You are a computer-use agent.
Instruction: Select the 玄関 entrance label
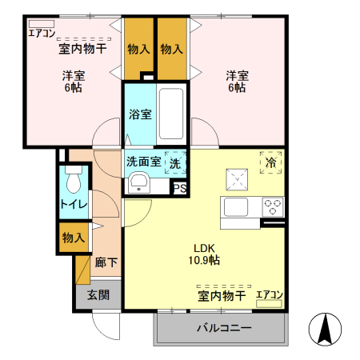(x=99, y=295)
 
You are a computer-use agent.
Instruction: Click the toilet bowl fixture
(x=74, y=182)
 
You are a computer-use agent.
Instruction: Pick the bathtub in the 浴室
(x=172, y=113)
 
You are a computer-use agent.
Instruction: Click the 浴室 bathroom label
(x=140, y=114)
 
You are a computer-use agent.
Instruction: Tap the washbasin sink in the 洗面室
(x=141, y=182)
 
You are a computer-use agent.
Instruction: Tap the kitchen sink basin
(x=238, y=207)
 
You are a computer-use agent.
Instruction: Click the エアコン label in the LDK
(x=270, y=295)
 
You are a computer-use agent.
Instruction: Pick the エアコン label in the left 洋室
(x=41, y=33)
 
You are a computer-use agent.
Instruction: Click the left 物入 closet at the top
(x=138, y=49)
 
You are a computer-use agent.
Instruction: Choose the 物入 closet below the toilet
(x=74, y=238)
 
